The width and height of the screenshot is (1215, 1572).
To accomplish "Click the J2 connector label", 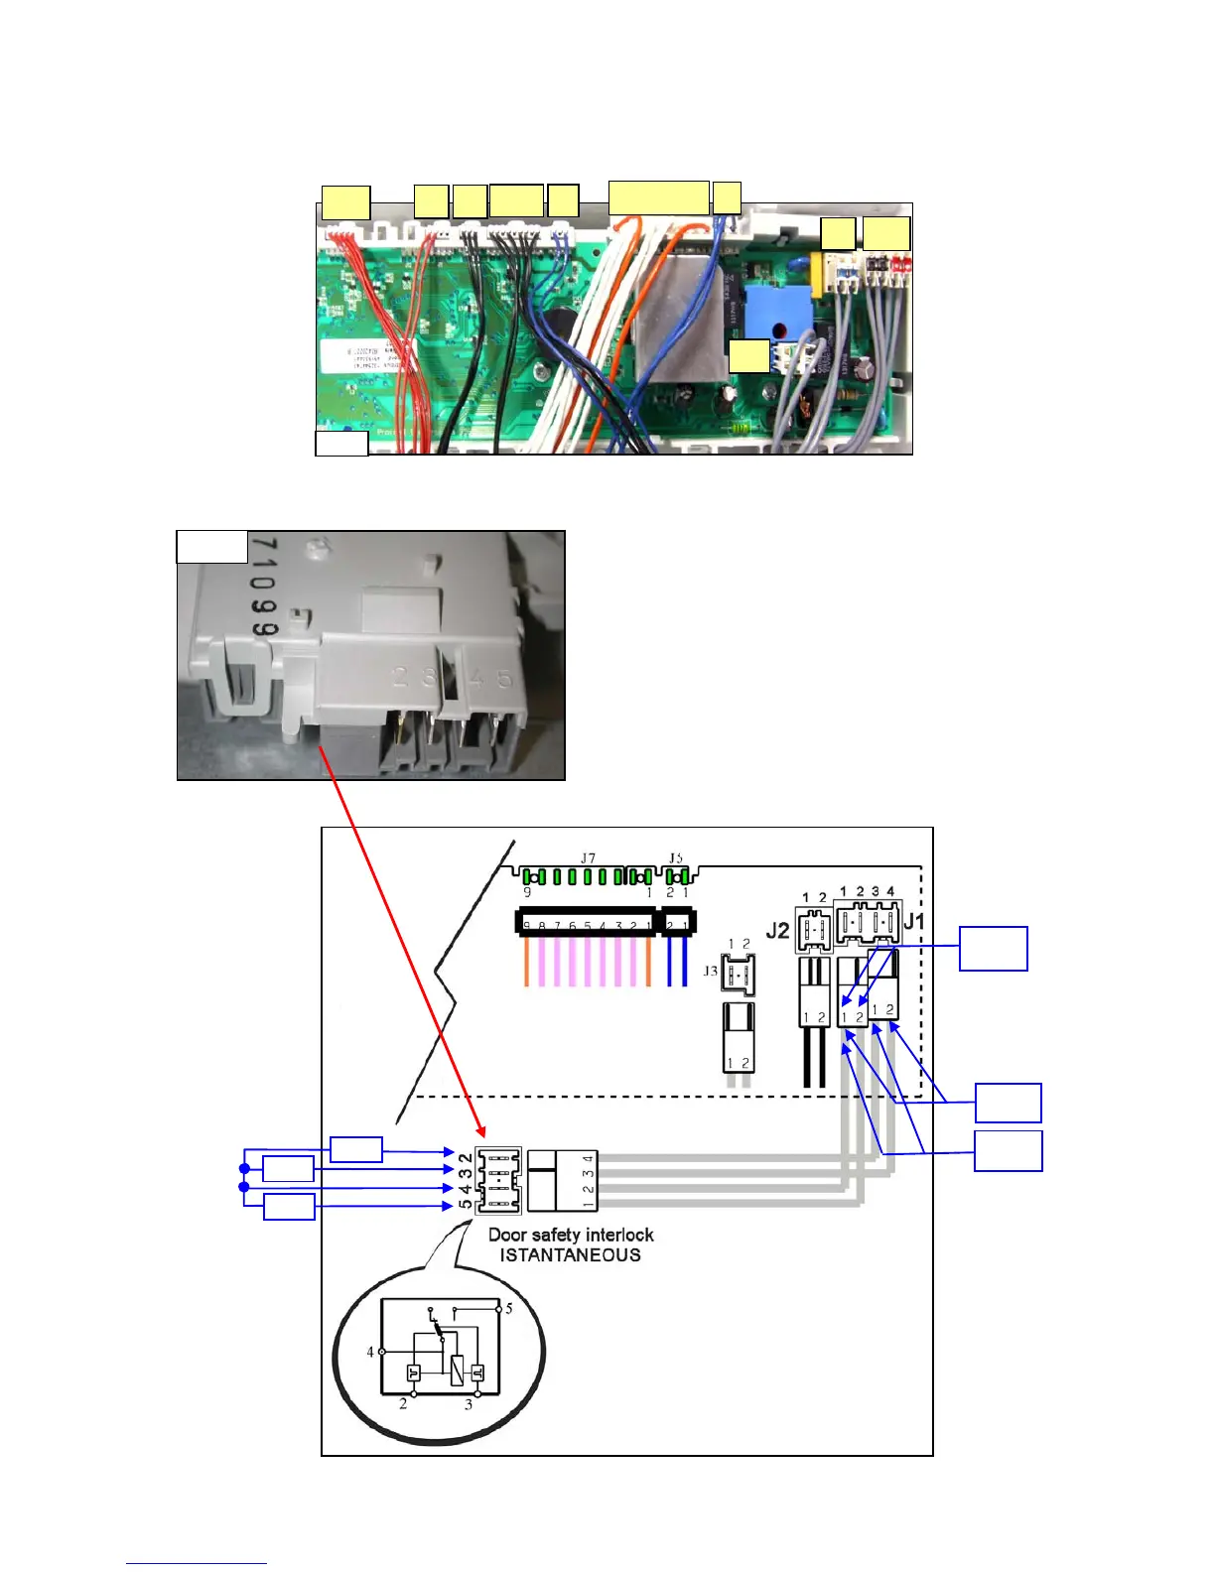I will tap(777, 931).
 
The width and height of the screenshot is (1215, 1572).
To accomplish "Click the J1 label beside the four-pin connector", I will tap(914, 922).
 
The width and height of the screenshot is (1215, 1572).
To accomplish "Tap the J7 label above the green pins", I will tap(588, 857).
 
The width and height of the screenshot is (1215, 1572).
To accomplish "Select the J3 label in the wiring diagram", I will tap(710, 971).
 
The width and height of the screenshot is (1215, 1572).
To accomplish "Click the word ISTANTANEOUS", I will tap(570, 1255).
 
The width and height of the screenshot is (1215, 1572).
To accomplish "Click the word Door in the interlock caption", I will tap(506, 1236).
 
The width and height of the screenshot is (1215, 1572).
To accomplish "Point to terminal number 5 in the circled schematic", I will tap(509, 1308).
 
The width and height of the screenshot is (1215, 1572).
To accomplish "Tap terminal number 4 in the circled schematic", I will tap(370, 1352).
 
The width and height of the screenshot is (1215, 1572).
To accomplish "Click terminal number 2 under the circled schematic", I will tap(403, 1404).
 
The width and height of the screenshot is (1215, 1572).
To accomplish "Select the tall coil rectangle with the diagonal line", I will tap(457, 1371).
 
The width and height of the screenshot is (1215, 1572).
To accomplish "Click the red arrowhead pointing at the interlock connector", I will tap(481, 1132).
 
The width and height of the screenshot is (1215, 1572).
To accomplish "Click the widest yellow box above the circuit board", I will tap(658, 197).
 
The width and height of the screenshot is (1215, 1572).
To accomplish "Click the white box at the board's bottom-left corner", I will tap(341, 443).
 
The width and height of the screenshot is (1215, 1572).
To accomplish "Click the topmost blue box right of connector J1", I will tap(993, 949).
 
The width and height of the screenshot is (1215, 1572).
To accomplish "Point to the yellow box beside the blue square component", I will tap(749, 356).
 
